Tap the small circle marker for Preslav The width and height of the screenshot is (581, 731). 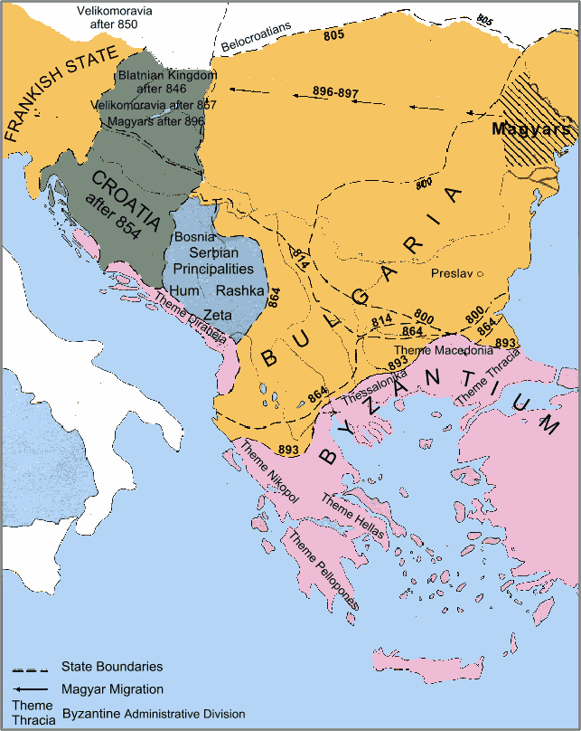click(481, 273)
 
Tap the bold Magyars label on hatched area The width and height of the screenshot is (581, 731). click(532, 129)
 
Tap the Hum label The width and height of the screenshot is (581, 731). click(184, 290)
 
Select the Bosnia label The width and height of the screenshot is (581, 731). click(192, 236)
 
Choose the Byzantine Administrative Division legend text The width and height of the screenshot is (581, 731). click(153, 714)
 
